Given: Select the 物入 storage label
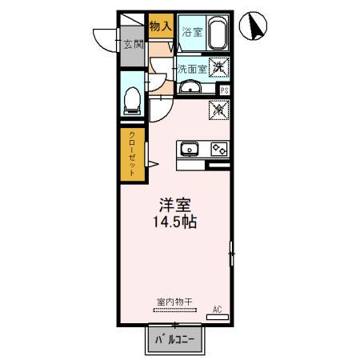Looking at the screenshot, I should coord(160,26).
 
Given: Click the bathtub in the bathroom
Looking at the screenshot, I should coord(218,32).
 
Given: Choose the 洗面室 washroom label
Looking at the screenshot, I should coord(192,69).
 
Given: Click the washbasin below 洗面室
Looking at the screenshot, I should coord(190,87).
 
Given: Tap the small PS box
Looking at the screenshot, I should coord(224,90).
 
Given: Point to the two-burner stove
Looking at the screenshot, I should coord(218,149).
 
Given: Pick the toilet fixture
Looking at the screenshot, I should coord(133,99).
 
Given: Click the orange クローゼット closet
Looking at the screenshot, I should coord(132,154).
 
